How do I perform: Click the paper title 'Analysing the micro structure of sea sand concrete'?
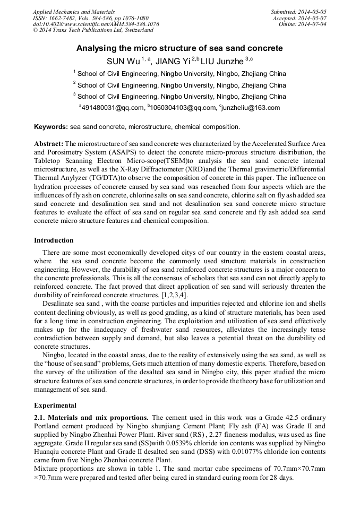pos(179,48)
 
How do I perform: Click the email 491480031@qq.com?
pos(112,108)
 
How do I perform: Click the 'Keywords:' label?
pos(51,127)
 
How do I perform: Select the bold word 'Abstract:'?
pos(49,144)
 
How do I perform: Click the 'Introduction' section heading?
pos(54,240)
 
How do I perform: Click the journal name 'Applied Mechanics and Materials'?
pos(73,12)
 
